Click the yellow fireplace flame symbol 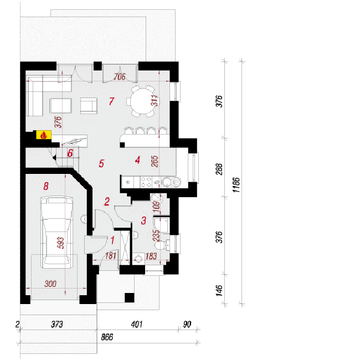click(44, 135)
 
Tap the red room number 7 click(111, 101)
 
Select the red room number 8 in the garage click(46, 186)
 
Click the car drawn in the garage click(56, 232)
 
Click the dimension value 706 click(120, 76)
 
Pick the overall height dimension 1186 click(236, 185)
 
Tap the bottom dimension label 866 click(107, 337)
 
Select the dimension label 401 click(137, 324)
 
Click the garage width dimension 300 click(50, 284)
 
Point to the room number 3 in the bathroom click(144, 220)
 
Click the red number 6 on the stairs click(70, 153)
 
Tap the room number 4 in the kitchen click(137, 160)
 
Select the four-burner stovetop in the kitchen click(146, 182)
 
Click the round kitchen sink click(171, 182)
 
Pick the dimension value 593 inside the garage click(61, 243)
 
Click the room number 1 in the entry click(112, 240)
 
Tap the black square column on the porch click(130, 298)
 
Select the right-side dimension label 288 click(219, 169)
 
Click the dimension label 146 click(219, 291)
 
